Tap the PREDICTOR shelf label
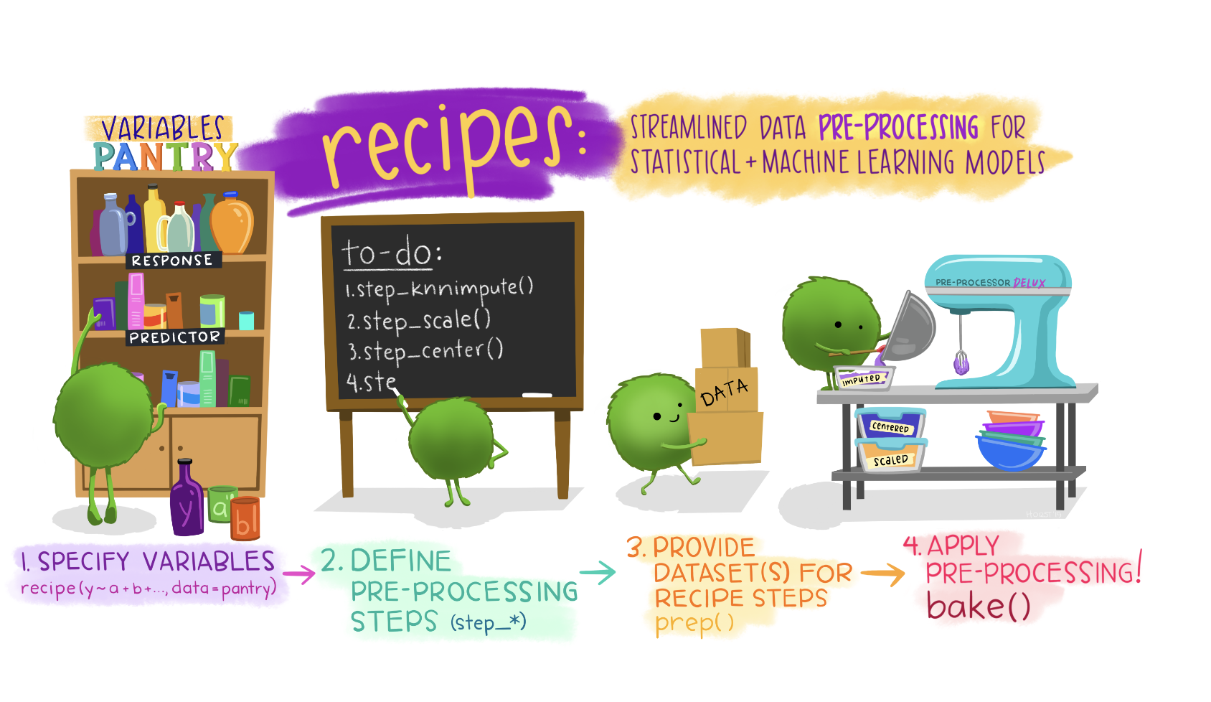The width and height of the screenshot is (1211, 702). (174, 337)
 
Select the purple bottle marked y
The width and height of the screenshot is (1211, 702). (187, 498)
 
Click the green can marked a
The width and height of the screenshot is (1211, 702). (222, 504)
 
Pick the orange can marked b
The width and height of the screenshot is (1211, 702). (245, 519)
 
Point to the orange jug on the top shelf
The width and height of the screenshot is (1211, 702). (232, 223)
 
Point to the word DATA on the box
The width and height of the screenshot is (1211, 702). (724, 392)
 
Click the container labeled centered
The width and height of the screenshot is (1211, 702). (890, 423)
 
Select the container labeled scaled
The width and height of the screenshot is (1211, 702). (891, 455)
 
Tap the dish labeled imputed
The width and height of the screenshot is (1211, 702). (863, 377)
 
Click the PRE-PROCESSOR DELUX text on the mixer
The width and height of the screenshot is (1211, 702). (990, 282)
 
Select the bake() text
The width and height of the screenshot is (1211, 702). (979, 606)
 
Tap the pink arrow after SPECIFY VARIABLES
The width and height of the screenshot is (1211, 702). (299, 574)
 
